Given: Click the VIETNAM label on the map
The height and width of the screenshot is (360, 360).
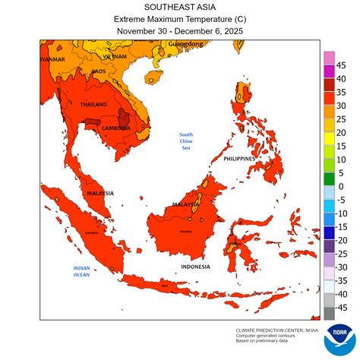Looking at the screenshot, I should pos(115,57).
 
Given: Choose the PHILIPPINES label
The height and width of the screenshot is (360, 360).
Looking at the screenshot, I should pos(243,159).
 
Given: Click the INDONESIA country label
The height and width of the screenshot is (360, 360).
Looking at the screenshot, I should pos(196,267).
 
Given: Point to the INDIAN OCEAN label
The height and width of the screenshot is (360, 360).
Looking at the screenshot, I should pos(82,271).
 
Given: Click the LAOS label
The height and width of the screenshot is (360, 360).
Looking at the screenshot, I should pos(99,71).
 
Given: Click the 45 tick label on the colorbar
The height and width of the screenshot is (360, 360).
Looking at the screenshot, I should pos(342,65).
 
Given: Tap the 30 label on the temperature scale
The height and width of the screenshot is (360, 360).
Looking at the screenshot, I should pos(342,105).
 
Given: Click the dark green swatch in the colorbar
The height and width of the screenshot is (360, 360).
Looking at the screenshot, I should pos(329,179).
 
